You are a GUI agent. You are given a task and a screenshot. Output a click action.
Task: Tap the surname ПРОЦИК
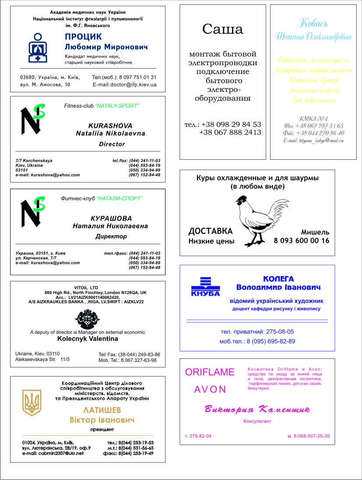click(83, 36)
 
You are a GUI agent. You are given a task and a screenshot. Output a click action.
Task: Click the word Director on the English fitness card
click(112, 144)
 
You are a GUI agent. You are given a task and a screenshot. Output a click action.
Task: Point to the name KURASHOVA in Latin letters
click(110, 125)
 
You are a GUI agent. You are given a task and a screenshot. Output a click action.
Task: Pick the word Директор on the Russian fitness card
click(111, 236)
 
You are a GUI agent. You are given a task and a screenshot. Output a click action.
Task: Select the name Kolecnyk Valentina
click(88, 339)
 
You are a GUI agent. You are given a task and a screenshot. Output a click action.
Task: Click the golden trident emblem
click(32, 403)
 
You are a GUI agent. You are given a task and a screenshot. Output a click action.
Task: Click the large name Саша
click(223, 29)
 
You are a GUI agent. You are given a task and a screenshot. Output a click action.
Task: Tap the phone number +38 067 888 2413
click(230, 132)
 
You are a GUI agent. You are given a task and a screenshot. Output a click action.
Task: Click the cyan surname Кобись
click(313, 23)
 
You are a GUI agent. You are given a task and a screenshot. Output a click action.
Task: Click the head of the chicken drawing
click(242, 201)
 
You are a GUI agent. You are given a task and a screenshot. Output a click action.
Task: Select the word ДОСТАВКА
click(211, 231)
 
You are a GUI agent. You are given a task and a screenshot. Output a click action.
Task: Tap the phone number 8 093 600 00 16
click(302, 241)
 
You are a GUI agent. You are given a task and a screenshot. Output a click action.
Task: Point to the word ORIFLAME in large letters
click(210, 372)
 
